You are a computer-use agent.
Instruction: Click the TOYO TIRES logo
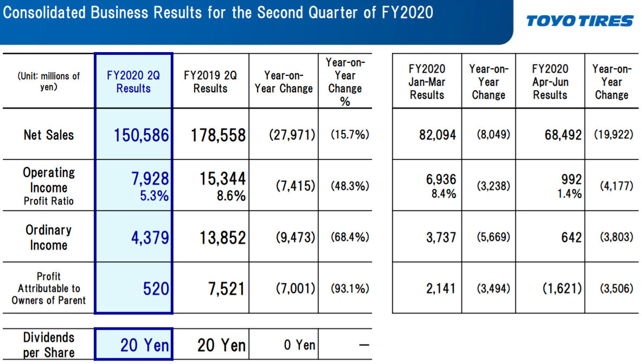[x=580, y=21]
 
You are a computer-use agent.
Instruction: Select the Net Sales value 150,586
[x=142, y=135]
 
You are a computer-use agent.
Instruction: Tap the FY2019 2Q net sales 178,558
[x=218, y=135]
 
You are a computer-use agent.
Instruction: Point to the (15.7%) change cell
[x=350, y=135]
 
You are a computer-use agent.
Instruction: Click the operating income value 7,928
[x=150, y=178]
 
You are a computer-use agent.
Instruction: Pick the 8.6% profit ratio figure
[x=232, y=196]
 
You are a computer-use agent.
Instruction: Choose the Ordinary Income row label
[x=49, y=238]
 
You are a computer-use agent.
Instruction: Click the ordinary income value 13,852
[x=223, y=238]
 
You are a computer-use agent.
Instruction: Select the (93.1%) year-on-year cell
[x=350, y=289]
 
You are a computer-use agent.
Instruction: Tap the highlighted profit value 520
[x=156, y=289]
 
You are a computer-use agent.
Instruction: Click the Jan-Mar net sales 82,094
[x=437, y=135]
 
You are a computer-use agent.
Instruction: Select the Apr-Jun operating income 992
[x=572, y=179]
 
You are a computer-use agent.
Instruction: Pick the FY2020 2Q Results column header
[x=133, y=82]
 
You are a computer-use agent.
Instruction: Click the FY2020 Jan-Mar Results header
[x=427, y=82]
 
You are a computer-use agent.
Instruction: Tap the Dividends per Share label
[x=49, y=345]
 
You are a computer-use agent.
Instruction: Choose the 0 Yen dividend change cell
[x=300, y=345]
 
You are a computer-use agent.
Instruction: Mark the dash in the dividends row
[x=364, y=345]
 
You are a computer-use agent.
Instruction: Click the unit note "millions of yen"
[x=49, y=81]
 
